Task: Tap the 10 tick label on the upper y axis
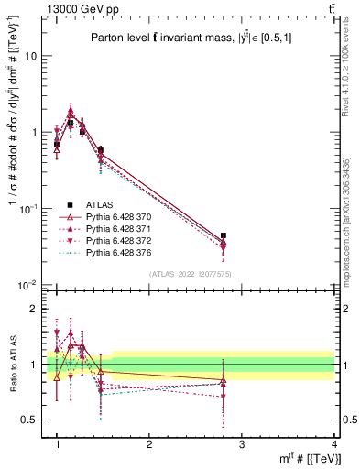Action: (x=30, y=56)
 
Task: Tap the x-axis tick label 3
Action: (x=242, y=444)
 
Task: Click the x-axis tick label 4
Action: (x=334, y=444)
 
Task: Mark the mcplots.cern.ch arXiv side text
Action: (x=345, y=219)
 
